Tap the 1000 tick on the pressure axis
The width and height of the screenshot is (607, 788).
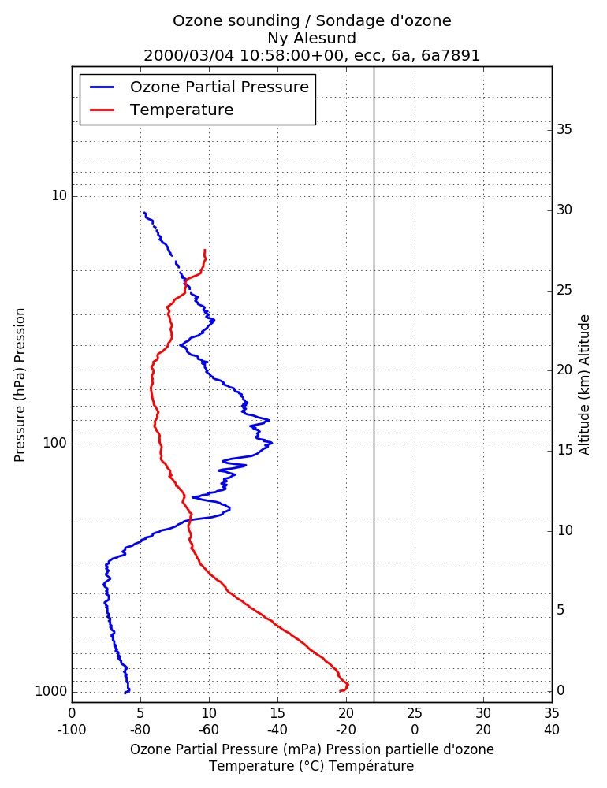click(x=50, y=692)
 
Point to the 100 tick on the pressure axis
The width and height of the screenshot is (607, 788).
click(x=55, y=443)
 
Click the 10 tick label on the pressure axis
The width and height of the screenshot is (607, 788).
click(x=59, y=195)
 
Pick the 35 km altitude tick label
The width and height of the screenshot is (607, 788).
click(x=564, y=130)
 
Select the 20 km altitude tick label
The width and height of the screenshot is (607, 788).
click(x=564, y=370)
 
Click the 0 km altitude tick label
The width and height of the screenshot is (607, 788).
click(x=560, y=691)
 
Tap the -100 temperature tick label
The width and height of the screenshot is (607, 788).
click(x=72, y=730)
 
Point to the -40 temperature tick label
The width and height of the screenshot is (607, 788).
click(x=277, y=730)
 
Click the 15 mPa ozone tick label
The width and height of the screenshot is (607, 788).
click(x=277, y=713)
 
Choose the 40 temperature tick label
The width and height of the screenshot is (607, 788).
click(x=552, y=730)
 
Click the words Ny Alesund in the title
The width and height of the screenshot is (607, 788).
click(x=312, y=38)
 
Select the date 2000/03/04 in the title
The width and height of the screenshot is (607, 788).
click(x=189, y=55)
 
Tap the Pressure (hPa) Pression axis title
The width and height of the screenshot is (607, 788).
click(x=20, y=385)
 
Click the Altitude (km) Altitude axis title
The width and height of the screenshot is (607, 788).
click(x=584, y=385)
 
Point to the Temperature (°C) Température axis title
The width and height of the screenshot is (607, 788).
click(x=312, y=766)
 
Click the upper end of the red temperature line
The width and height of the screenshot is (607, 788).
click(x=205, y=250)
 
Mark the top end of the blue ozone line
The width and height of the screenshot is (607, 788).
click(x=144, y=213)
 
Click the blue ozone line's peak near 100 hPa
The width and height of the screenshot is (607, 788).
click(x=272, y=443)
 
